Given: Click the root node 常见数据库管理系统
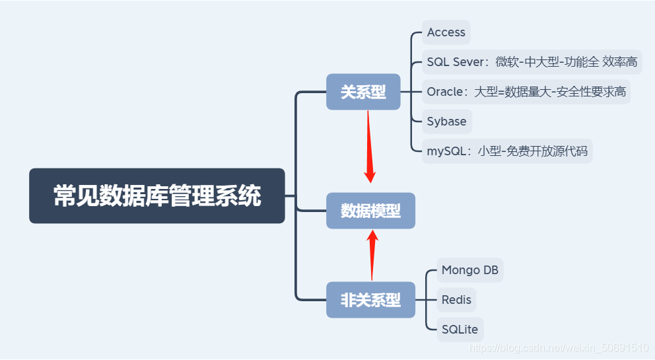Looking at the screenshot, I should pos(157,196).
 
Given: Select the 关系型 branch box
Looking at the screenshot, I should pos(363,92).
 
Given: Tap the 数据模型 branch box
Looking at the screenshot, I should pos(370,211).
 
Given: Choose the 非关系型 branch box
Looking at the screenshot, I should pos(370,300).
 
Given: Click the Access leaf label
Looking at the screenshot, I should pos(446,32).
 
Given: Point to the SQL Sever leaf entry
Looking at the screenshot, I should pos(457,62).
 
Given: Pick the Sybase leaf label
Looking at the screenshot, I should pos(446,122).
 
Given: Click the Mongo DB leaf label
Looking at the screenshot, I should pos(469,270).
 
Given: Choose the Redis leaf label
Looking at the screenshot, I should pos(456,300).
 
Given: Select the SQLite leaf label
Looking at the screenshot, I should pos(459,329).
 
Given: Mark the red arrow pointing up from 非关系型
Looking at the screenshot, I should pos(372,254).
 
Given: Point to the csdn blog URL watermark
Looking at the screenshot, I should pos(558,347).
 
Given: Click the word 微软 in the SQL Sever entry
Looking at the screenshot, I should pos(506,62).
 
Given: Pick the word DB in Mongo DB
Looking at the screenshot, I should pos(490,270).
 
